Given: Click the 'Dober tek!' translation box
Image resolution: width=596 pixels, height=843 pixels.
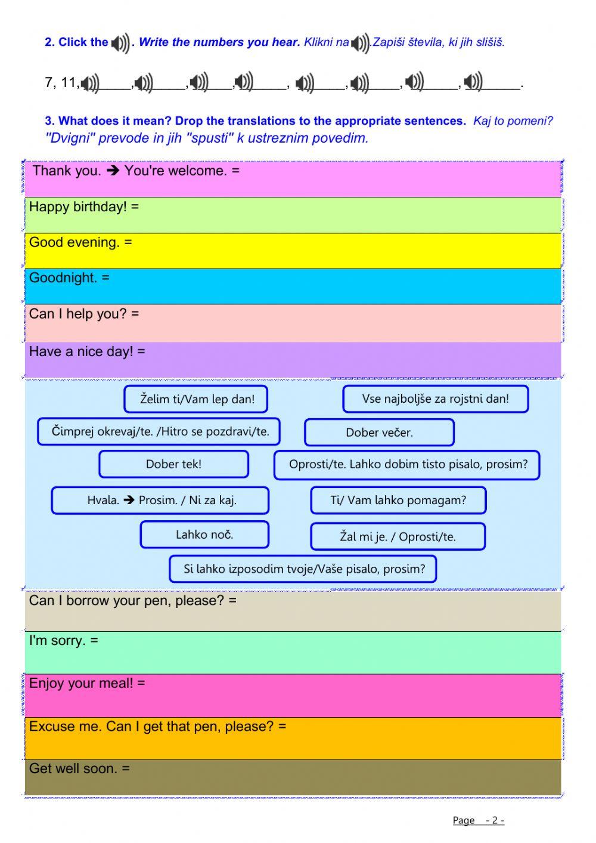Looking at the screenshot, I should pyautogui.click(x=173, y=464).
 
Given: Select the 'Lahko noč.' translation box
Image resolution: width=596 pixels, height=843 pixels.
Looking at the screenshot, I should pyautogui.click(x=204, y=535).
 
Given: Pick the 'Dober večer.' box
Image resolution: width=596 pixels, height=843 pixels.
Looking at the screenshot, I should pyautogui.click(x=379, y=433).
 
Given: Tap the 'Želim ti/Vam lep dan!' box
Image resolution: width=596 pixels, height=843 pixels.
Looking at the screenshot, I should pyautogui.click(x=196, y=399).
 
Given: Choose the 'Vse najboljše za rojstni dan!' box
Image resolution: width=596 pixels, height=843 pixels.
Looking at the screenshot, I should pyautogui.click(x=435, y=399).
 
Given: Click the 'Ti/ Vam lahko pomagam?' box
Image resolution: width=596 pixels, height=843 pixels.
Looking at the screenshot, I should pyautogui.click(x=398, y=500).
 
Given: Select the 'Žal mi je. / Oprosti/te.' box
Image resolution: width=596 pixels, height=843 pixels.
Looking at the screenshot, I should pyautogui.click(x=398, y=536).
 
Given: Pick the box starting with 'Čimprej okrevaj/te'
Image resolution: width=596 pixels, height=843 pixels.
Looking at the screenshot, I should pyautogui.click(x=159, y=431).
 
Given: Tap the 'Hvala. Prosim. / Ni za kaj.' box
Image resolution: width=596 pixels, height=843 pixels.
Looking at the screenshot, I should pyautogui.click(x=160, y=500).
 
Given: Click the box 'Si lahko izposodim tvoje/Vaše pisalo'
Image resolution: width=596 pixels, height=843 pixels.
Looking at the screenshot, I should pyautogui.click(x=303, y=569).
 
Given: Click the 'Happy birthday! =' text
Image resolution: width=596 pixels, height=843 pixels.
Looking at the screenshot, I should pyautogui.click(x=83, y=207).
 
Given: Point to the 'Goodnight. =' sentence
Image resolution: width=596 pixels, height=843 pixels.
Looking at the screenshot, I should pyautogui.click(x=69, y=278).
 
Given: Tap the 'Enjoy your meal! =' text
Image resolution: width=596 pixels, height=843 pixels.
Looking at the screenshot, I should pyautogui.click(x=86, y=684).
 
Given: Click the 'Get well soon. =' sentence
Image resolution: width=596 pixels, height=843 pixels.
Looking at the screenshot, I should pyautogui.click(x=79, y=769).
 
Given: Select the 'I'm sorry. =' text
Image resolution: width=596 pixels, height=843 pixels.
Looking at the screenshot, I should pyautogui.click(x=63, y=641).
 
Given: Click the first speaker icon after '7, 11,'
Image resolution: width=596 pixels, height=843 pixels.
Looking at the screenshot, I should pyautogui.click(x=90, y=84).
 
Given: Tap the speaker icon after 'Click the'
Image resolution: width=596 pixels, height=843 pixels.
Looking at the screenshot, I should pyautogui.click(x=120, y=43).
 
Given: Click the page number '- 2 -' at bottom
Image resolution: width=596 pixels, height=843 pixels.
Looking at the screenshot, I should pyautogui.click(x=495, y=820).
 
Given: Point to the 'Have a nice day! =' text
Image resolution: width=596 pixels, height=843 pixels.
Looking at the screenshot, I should pyautogui.click(x=86, y=352).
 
